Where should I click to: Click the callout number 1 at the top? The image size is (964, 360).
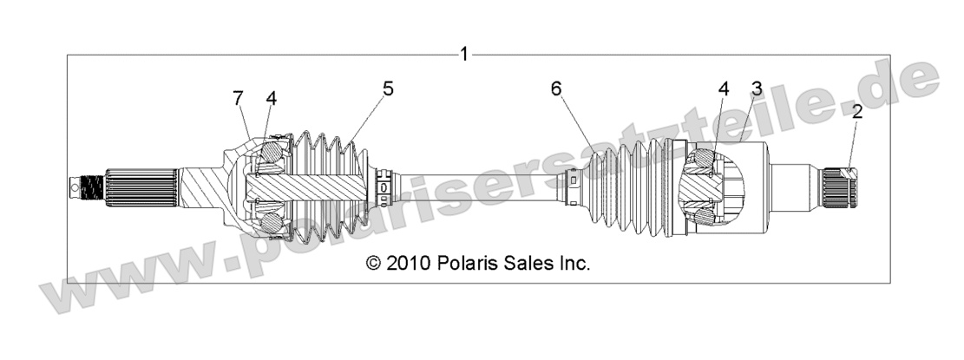coord(464,54)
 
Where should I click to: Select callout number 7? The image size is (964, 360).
coord(238,98)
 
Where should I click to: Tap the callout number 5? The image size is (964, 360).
coord(388,88)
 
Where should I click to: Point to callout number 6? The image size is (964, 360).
coord(556,88)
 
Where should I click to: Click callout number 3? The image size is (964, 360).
coord(757,88)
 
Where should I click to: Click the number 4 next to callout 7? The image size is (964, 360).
coord(271,98)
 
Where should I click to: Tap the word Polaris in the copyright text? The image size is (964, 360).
coord(473,263)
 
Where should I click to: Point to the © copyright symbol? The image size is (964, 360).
coord(374,263)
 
